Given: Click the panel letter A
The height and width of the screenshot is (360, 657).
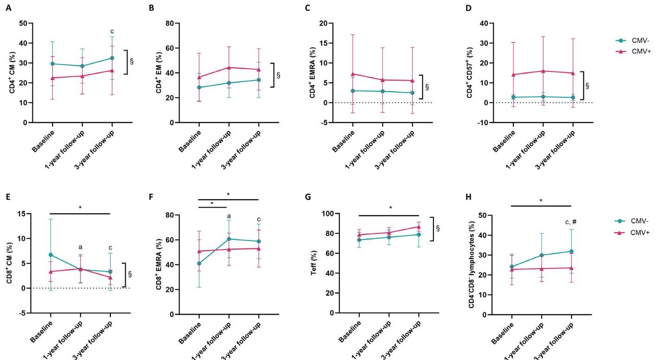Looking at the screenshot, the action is tap(9, 8).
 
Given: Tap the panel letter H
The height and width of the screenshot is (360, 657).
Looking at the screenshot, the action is tap(469, 197).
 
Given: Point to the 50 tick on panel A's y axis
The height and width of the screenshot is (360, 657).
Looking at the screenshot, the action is tap(24, 23).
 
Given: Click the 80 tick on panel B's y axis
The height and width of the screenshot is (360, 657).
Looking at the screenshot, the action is tap(170, 23).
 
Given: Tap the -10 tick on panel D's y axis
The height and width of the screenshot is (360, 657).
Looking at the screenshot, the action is tap(483, 122).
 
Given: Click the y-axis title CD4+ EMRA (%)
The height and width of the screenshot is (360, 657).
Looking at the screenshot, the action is tap(313, 72).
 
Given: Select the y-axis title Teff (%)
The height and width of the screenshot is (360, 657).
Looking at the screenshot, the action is tap(314, 263).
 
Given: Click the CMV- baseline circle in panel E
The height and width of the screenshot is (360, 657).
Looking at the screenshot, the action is tap(51, 255).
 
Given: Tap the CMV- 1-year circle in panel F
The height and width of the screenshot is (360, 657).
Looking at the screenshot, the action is tap(229, 239).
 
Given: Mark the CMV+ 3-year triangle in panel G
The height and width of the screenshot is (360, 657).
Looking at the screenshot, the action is tap(419, 227).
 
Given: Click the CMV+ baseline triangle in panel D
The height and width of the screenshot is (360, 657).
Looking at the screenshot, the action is tap(513, 75).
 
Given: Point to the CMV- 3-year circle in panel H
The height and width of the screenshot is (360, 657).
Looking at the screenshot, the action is tap(571, 251).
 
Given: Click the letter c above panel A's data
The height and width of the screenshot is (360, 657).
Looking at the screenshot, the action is tap(112, 32).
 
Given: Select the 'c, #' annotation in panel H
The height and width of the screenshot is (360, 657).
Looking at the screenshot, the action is tap(571, 222).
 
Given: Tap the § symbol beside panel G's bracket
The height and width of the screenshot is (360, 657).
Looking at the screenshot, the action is tap(438, 228).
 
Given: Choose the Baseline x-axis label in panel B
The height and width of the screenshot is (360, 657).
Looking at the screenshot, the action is tap(190, 141).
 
